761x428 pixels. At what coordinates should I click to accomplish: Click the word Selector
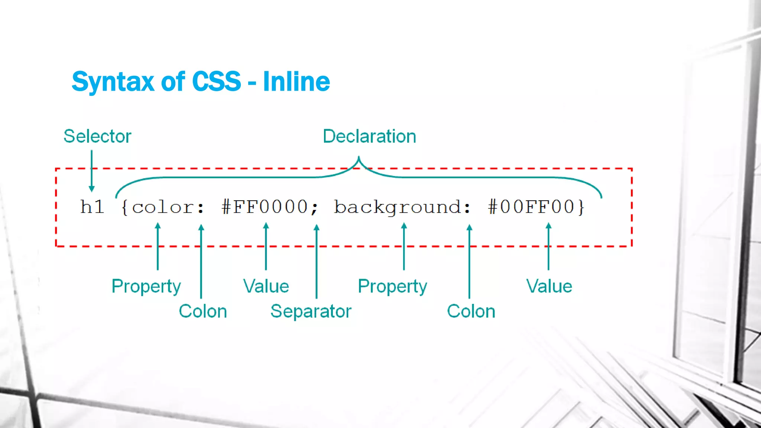click(97, 136)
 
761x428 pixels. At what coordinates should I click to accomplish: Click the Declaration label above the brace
click(369, 136)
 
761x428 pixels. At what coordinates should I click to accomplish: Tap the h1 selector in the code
click(92, 207)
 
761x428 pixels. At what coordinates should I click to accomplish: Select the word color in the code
click(163, 207)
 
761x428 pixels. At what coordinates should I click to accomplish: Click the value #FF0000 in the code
click(264, 207)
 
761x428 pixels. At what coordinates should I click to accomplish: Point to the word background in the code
click(397, 207)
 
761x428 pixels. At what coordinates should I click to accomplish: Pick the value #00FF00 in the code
click(531, 207)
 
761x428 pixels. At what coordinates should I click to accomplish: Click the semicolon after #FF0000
click(315, 208)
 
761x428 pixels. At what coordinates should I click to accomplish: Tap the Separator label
click(311, 311)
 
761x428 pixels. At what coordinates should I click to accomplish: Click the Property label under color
click(146, 286)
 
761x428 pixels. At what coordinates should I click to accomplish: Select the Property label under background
click(392, 286)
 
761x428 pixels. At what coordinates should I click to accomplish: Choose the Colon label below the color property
click(203, 311)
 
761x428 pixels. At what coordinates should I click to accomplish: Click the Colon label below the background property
click(471, 311)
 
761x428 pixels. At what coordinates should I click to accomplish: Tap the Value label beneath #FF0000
click(266, 286)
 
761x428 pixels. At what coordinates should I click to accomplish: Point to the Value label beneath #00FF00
click(549, 286)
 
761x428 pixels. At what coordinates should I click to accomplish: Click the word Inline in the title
click(296, 81)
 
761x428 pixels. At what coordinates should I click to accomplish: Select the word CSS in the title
click(216, 81)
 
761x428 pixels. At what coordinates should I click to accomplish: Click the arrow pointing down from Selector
click(92, 171)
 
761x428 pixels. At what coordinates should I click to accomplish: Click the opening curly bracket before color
click(125, 207)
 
